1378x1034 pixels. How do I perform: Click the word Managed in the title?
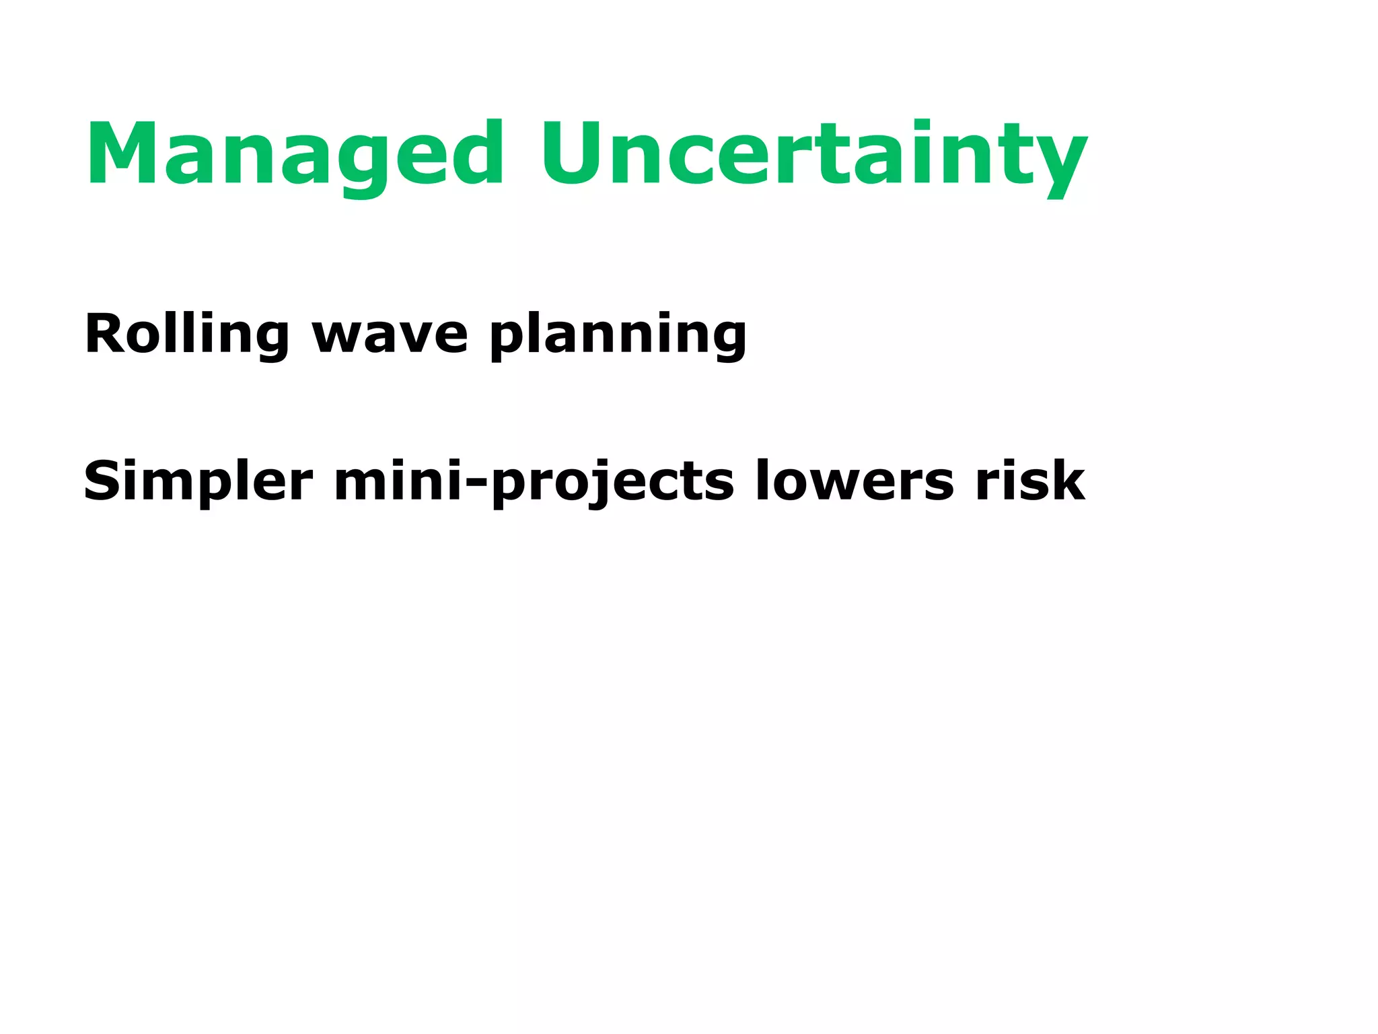(x=294, y=153)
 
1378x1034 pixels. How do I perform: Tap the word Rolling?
(x=186, y=335)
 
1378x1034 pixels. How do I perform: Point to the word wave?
(x=390, y=335)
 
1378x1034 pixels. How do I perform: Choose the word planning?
(x=618, y=335)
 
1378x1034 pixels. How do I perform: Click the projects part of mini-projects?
(x=613, y=482)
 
